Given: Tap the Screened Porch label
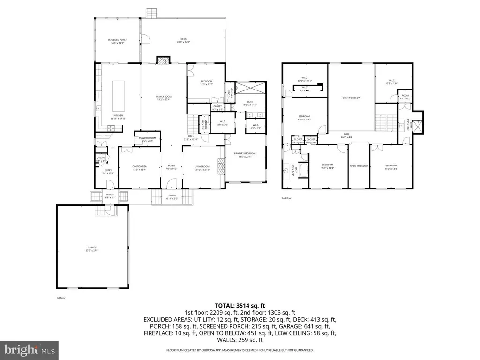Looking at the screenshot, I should click(117, 41).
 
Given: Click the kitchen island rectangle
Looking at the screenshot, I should click(118, 94).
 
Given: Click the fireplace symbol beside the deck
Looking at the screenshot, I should click(163, 60).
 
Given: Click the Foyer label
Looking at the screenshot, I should click(172, 167).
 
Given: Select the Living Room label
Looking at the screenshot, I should click(202, 168).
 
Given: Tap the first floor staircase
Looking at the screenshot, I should click(193, 124).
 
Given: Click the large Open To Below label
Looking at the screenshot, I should click(351, 98).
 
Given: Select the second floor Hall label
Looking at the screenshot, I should click(346, 135).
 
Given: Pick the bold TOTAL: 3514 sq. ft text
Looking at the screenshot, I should click(240, 305).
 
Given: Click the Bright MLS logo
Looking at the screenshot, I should click(29, 349).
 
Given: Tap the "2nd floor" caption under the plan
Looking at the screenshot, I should click(286, 198).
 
